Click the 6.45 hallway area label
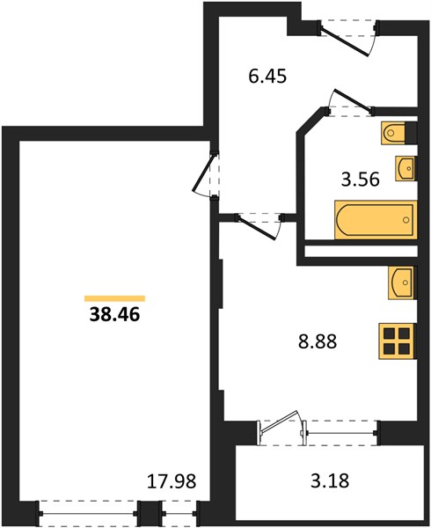(x=267, y=76)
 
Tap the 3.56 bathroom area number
(x=361, y=180)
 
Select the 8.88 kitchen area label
(x=318, y=341)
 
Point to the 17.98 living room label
(x=172, y=481)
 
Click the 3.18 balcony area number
(x=330, y=480)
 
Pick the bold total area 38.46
(x=114, y=315)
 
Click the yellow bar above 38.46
(x=114, y=298)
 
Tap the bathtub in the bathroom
(x=376, y=220)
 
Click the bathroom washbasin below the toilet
(x=406, y=168)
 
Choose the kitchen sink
(x=402, y=282)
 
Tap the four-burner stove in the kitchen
(x=397, y=341)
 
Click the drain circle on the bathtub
(x=406, y=220)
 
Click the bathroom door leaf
(x=353, y=99)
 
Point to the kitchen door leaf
(x=257, y=228)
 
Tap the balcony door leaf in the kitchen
(x=280, y=421)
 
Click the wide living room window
(x=89, y=514)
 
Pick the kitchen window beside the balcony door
(x=341, y=433)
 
